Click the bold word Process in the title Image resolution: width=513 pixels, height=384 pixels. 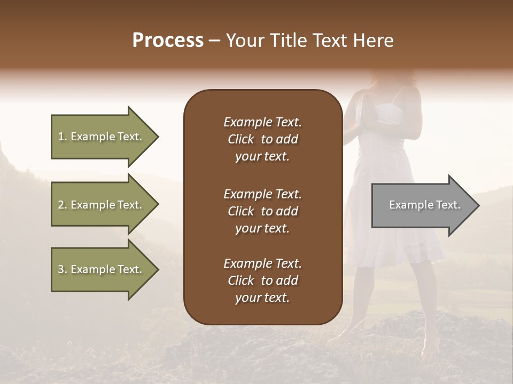pyautogui.click(x=168, y=41)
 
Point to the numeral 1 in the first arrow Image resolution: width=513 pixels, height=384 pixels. pyautogui.click(x=61, y=137)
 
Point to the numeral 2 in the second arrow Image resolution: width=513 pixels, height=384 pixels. pyautogui.click(x=61, y=205)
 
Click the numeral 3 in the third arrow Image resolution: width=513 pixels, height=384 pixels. pyautogui.click(x=61, y=269)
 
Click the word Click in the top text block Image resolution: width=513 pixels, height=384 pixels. pyautogui.click(x=240, y=139)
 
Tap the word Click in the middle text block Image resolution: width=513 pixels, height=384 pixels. pyautogui.click(x=240, y=211)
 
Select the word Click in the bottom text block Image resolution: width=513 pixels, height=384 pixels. pyautogui.click(x=240, y=281)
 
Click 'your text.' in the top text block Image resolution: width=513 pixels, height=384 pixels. pyautogui.click(x=262, y=157)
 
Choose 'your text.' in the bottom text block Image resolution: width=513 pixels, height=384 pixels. pyautogui.click(x=262, y=298)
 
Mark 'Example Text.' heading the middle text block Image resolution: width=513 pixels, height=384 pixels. pyautogui.click(x=262, y=194)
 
